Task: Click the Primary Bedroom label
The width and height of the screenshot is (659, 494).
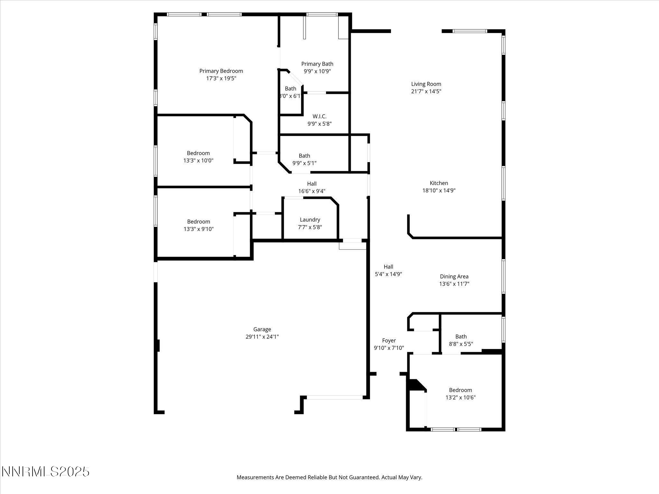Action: [221, 71]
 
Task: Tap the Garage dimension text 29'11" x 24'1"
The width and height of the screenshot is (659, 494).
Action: [262, 337]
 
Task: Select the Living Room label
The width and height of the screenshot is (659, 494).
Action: [426, 84]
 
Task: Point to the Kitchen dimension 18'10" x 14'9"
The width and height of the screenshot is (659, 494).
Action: [439, 190]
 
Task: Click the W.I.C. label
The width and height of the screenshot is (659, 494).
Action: [319, 116]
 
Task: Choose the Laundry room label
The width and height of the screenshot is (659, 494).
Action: [310, 220]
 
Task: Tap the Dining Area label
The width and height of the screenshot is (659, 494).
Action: [454, 277]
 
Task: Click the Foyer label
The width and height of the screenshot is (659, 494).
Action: [389, 341]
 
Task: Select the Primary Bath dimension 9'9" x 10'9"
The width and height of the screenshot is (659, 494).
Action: [317, 71]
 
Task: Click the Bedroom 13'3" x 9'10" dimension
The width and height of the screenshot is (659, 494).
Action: [199, 229]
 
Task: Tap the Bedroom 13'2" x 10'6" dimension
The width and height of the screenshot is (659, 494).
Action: [460, 398]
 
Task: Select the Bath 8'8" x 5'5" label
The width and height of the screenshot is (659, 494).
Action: [461, 336]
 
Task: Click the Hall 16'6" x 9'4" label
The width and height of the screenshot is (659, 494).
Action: [311, 184]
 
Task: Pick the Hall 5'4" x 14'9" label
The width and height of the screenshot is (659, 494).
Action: [388, 267]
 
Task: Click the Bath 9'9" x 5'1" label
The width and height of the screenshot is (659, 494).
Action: [304, 156]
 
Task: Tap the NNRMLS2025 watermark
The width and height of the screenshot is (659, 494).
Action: [45, 472]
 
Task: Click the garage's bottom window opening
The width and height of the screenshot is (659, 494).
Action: [335, 398]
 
